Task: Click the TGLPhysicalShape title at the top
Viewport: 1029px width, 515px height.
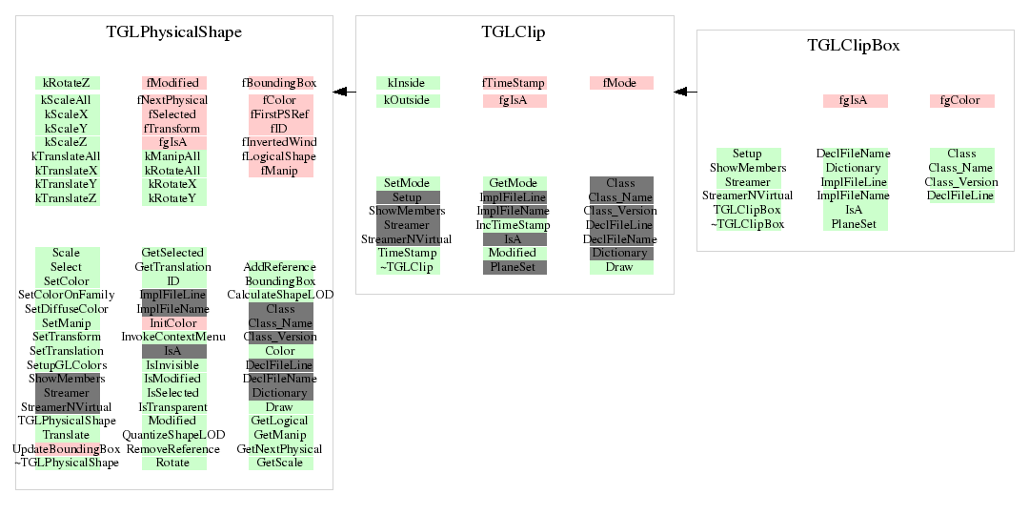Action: pyautogui.click(x=173, y=32)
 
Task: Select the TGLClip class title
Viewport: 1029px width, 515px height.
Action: pyautogui.click(x=514, y=32)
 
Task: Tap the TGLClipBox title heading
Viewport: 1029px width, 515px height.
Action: pyautogui.click(x=854, y=46)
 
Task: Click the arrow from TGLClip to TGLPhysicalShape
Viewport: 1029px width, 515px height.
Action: pyautogui.click(x=344, y=92)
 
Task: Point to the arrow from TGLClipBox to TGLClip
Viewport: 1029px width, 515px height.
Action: pyautogui.click(x=685, y=92)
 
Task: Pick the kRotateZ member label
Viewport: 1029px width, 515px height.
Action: pyautogui.click(x=67, y=83)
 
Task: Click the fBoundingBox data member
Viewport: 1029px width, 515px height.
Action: pyautogui.click(x=280, y=83)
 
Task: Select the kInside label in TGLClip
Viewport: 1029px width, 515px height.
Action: pyautogui.click(x=407, y=83)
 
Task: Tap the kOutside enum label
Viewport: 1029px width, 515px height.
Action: pyautogui.click(x=407, y=100)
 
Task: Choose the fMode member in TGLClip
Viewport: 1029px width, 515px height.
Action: pyautogui.click(x=620, y=83)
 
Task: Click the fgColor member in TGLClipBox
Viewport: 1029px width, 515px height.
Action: pyautogui.click(x=961, y=100)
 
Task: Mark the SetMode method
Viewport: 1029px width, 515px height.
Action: pyautogui.click(x=407, y=183)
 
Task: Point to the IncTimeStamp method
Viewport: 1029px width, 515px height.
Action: pyautogui.click(x=514, y=225)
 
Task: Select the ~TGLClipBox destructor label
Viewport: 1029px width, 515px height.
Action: pyautogui.click(x=747, y=224)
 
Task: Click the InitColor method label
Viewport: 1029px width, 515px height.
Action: pyautogui.click(x=173, y=323)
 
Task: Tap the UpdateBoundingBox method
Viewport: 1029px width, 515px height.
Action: pyautogui.click(x=67, y=448)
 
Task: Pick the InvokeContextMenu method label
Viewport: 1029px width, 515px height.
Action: pyautogui.click(x=173, y=337)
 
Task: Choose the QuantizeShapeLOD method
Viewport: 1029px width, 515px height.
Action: pyautogui.click(x=173, y=435)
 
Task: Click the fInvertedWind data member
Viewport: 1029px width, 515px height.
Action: pyautogui.click(x=280, y=142)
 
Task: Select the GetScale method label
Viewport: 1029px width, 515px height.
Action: pyautogui.click(x=280, y=463)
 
